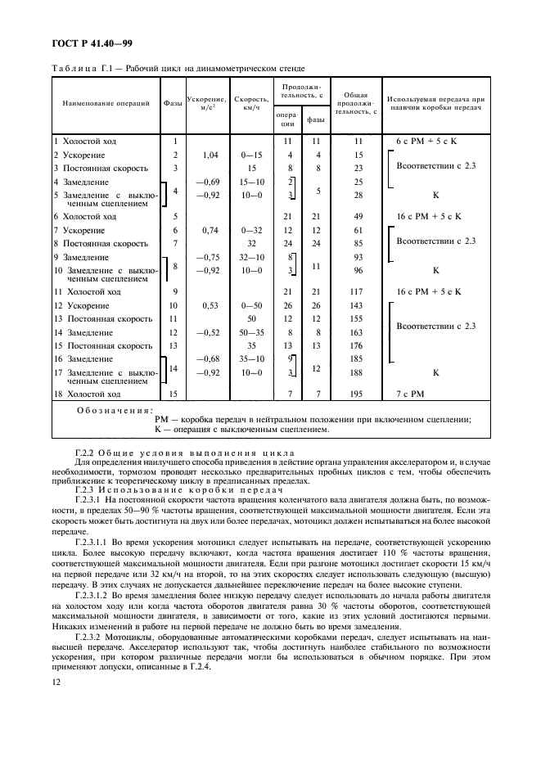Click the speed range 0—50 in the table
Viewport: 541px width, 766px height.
(252, 305)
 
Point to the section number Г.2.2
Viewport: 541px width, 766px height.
(83, 453)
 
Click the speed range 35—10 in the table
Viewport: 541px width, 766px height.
(252, 358)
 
